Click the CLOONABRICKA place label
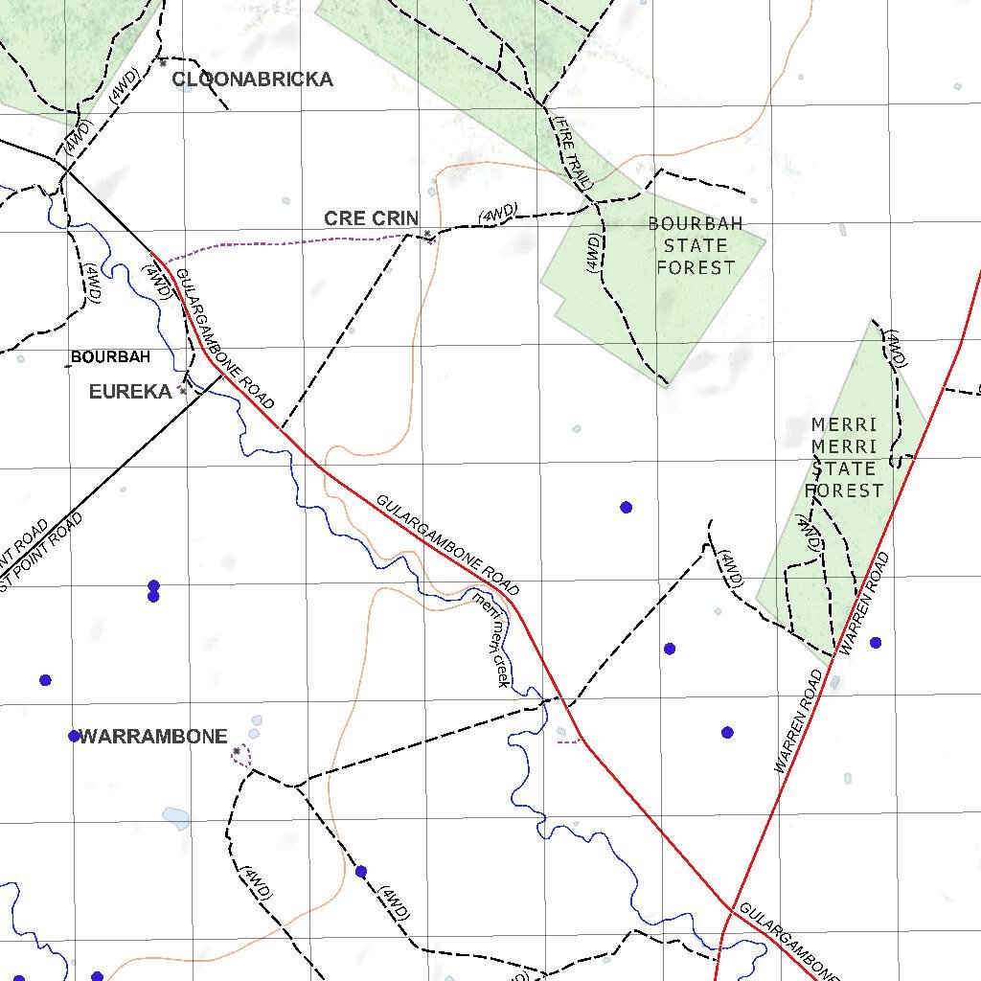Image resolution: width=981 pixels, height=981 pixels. point(253,80)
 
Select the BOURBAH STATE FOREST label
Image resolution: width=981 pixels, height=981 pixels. point(696,245)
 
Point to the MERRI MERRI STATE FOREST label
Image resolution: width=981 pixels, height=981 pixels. point(844,457)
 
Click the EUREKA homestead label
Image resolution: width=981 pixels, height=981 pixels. point(130,391)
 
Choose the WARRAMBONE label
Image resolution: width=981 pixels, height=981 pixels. point(153,737)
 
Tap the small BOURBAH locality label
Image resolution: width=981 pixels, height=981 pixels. point(110,357)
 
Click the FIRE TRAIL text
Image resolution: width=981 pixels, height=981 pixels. point(573,150)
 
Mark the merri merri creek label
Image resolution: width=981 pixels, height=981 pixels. point(490,637)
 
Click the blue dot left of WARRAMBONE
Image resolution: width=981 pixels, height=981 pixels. point(74,736)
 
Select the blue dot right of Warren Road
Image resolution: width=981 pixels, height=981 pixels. point(875,643)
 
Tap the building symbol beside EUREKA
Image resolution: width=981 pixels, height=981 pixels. point(182,391)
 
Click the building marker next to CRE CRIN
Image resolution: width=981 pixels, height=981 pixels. point(427,234)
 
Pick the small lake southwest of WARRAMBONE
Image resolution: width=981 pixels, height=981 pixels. point(175,817)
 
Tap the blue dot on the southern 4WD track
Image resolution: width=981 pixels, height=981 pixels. point(360,872)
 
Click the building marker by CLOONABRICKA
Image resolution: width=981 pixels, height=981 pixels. point(163,64)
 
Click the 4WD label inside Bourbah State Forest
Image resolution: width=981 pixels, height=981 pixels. point(592,252)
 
